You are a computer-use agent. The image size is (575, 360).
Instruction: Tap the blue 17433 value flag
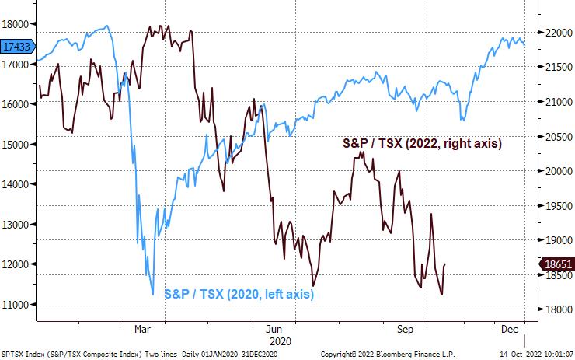pos(16,47)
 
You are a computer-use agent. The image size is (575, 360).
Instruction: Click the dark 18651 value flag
pos(559,265)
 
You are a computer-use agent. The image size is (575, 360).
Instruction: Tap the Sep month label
pos(404,329)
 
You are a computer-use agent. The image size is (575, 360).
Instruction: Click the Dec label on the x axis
pos(509,329)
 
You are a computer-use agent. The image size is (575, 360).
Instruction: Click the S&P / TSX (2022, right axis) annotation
pos(422,144)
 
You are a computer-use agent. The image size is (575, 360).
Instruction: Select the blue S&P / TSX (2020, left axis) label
pos(238,294)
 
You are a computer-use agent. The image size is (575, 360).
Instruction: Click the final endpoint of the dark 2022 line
pos(445,264)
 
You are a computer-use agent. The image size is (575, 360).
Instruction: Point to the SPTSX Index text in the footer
pos(23,354)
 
